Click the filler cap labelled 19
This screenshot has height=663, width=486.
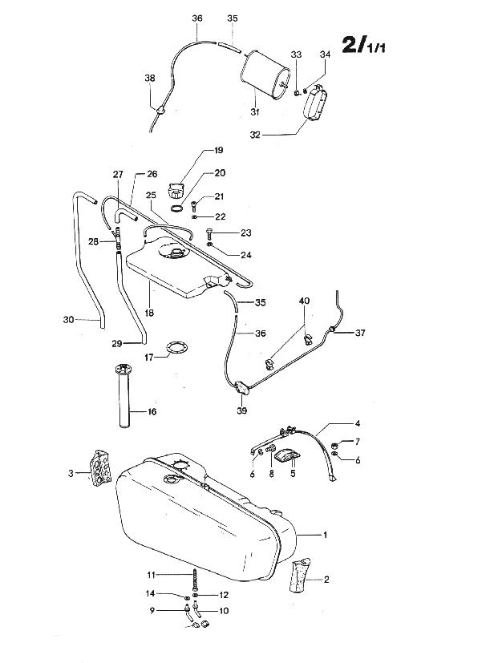[x=177, y=192]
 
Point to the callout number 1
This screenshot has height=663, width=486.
[x=326, y=534]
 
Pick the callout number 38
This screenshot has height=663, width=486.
[x=150, y=78]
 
